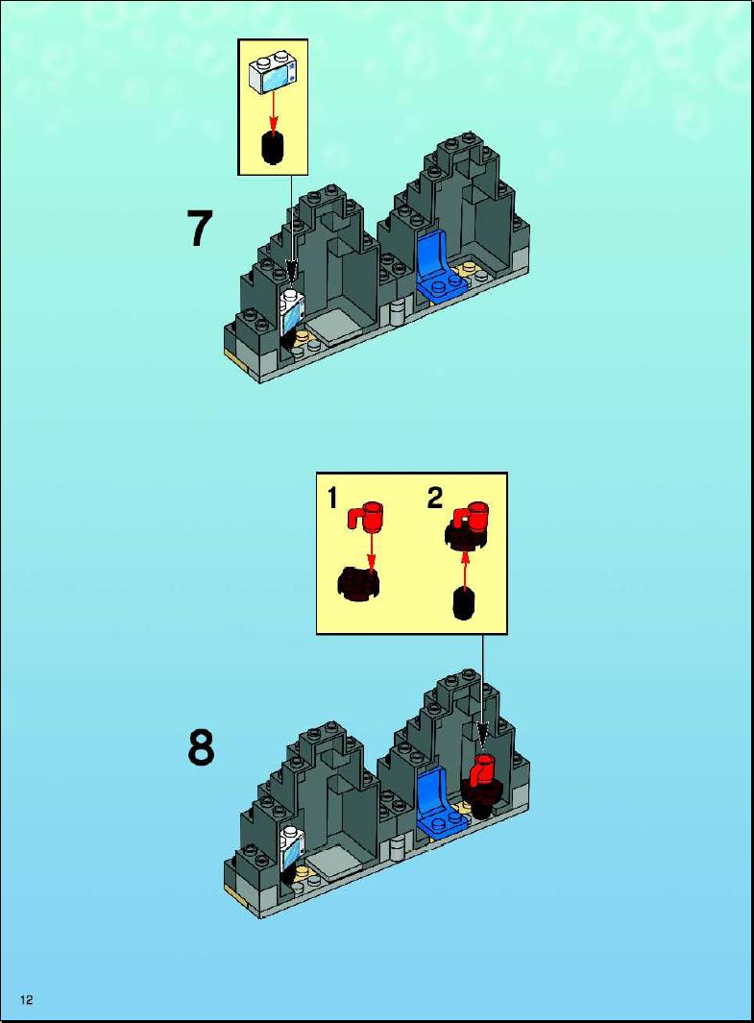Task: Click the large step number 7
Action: tap(200, 229)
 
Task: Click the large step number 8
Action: tap(201, 747)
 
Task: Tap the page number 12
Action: tap(27, 1000)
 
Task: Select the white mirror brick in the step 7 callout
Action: tap(273, 72)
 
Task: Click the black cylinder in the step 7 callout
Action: tap(274, 149)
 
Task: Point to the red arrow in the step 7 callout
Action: tap(274, 112)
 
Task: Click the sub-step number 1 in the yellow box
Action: tap(332, 499)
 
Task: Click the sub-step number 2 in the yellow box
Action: tap(435, 499)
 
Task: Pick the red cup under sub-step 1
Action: tap(366, 517)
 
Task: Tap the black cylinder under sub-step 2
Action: tap(463, 603)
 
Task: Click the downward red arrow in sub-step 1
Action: tap(371, 550)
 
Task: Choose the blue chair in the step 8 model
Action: tap(440, 801)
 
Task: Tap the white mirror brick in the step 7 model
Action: tap(292, 312)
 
